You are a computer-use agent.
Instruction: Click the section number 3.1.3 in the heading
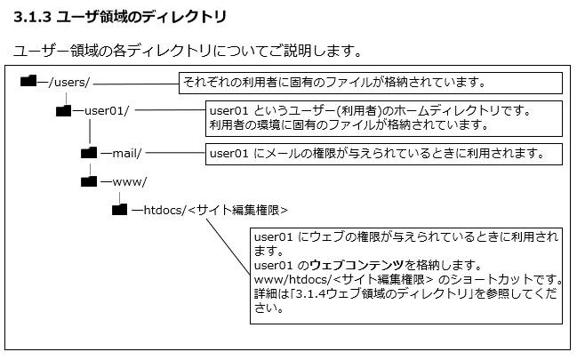pyautogui.click(x=32, y=17)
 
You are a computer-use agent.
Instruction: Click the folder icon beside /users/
pyautogui.click(x=28, y=81)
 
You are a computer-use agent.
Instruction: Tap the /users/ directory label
pyautogui.click(x=69, y=82)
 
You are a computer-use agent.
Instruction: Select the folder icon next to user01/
pyautogui.click(x=63, y=110)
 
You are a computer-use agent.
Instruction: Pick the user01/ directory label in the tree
pyautogui.click(x=107, y=110)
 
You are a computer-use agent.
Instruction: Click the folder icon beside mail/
pyautogui.click(x=89, y=152)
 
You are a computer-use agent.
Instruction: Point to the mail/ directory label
pyautogui.click(x=127, y=153)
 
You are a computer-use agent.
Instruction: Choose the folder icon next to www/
pyautogui.click(x=89, y=181)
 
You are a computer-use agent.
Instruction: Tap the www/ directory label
pyautogui.click(x=129, y=182)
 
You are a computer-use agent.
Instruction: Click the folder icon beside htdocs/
pyautogui.click(x=120, y=210)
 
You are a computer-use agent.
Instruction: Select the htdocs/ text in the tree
pyautogui.click(x=164, y=210)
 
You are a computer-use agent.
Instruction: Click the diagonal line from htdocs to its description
pyautogui.click(x=228, y=247)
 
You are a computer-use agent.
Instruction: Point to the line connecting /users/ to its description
pyautogui.click(x=136, y=84)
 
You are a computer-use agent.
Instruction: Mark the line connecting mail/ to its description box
pyautogui.click(x=175, y=152)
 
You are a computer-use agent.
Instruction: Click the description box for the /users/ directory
pyautogui.click(x=371, y=83)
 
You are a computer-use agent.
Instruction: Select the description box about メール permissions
pyautogui.click(x=384, y=154)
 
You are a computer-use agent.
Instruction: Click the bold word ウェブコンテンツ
pyautogui.click(x=357, y=265)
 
